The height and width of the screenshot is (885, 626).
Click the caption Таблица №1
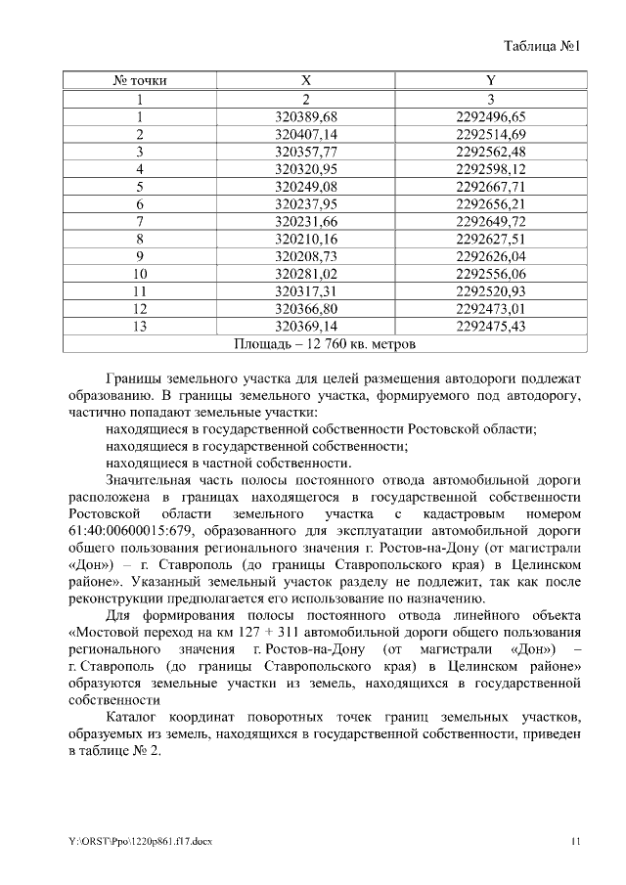(x=543, y=46)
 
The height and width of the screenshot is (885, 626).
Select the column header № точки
(x=141, y=80)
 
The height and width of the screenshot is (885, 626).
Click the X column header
(x=305, y=80)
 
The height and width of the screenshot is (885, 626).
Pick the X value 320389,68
(x=305, y=116)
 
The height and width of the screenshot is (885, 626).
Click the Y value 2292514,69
(x=491, y=134)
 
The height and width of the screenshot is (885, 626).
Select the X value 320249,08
(x=305, y=186)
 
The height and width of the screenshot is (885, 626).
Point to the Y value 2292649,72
(x=491, y=221)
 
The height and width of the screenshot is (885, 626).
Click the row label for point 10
(x=141, y=274)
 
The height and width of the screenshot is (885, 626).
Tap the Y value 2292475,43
(x=491, y=326)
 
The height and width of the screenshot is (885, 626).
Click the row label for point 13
(x=141, y=326)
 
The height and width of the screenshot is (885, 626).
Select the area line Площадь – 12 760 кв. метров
(x=326, y=344)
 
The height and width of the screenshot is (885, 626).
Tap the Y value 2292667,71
(x=491, y=186)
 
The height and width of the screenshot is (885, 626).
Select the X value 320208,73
(x=305, y=256)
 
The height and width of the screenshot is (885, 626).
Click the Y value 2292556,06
(x=491, y=274)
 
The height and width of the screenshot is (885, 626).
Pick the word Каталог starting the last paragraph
(x=134, y=719)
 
